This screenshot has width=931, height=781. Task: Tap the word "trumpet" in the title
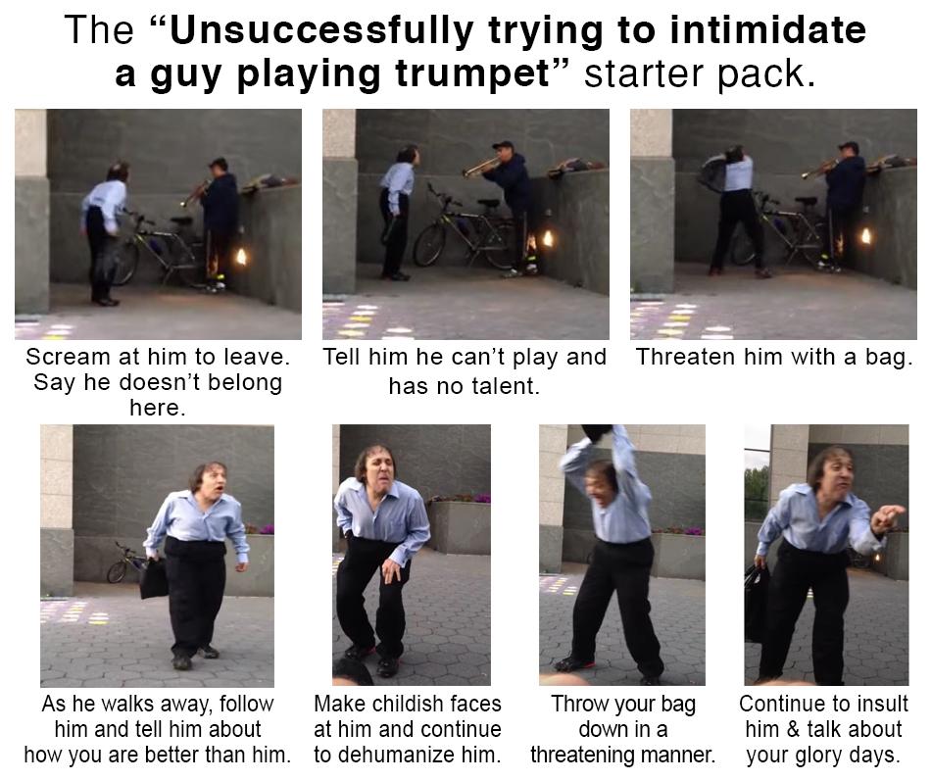[473, 75]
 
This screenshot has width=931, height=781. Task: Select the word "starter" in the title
[644, 73]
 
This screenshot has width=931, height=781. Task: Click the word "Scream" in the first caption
[67, 357]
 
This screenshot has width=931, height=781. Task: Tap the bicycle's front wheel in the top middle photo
[430, 245]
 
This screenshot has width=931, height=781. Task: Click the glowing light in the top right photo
[866, 236]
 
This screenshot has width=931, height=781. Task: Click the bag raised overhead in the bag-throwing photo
[596, 431]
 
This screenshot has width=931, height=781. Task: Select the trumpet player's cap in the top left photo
[218, 163]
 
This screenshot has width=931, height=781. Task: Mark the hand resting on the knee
[391, 569]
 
